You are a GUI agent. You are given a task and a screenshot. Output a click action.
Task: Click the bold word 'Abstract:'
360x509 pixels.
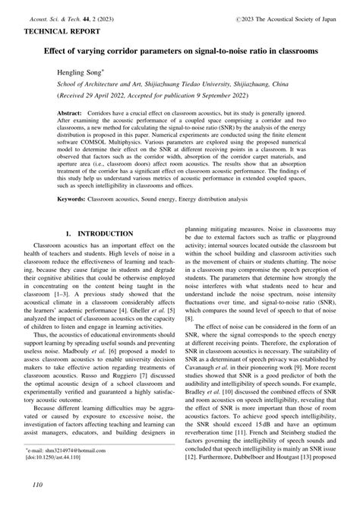click(72, 112)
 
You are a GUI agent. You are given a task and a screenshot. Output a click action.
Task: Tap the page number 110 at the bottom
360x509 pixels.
click(33, 485)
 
